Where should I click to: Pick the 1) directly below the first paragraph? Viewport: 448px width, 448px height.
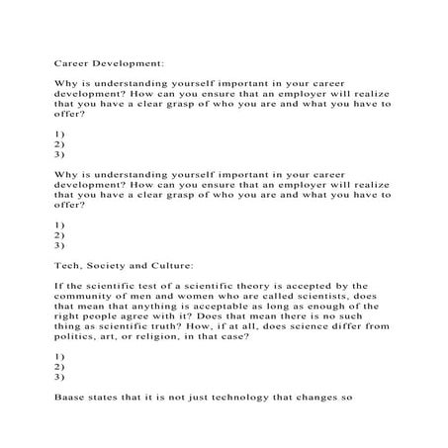click(x=58, y=133)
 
